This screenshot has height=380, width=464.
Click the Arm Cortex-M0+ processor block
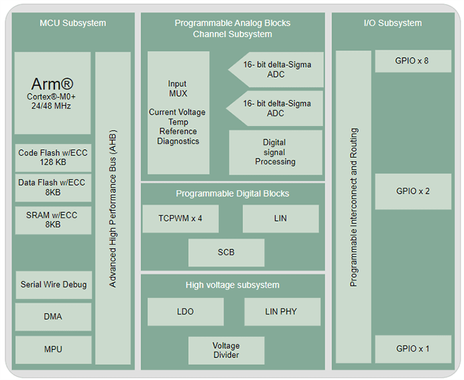tap(52, 93)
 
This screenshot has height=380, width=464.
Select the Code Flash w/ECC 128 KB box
tap(52, 157)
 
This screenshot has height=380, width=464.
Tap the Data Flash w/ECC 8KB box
tap(52, 187)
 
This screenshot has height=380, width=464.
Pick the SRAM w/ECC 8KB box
tap(52, 220)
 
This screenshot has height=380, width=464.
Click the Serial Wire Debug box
tap(53, 285)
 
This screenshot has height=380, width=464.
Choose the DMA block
tap(53, 316)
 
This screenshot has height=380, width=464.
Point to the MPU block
tap(53, 349)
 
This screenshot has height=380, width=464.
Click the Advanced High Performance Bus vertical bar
tap(113, 208)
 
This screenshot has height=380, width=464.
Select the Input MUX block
tap(178, 113)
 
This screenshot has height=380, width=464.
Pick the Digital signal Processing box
tap(275, 152)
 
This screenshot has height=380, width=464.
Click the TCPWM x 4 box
tap(180, 218)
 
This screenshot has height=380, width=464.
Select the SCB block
tap(226, 252)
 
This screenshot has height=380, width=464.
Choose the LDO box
tap(185, 312)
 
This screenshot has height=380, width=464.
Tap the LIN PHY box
tap(282, 312)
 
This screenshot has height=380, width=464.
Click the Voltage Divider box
tap(226, 350)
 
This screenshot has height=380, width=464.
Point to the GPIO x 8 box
tap(412, 61)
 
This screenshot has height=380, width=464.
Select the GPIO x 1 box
tap(412, 349)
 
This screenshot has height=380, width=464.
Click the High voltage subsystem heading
tap(232, 285)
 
